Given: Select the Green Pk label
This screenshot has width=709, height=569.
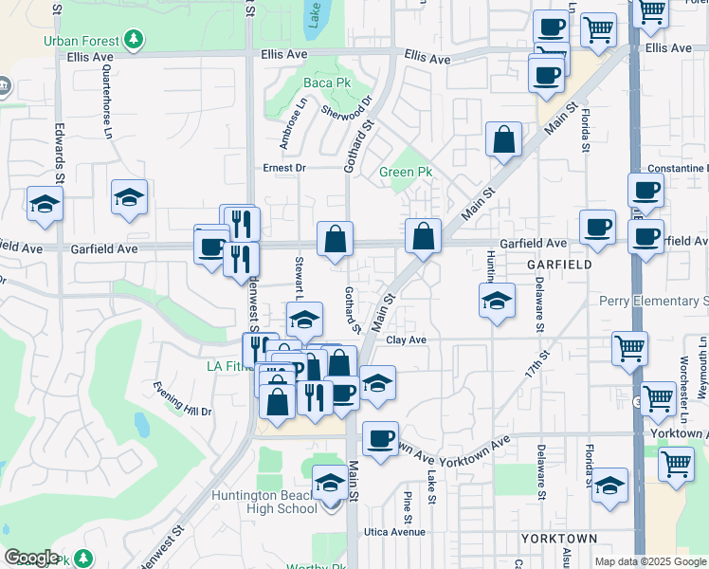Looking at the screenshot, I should pos(406,172).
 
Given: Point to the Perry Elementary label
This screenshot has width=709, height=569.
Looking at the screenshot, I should pos(653,302).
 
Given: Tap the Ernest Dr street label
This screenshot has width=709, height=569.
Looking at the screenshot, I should pos(285,168).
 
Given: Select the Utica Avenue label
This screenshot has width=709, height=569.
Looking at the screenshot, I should pos(396,532).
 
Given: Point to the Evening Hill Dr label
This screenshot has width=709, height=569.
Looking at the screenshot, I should pos(183,398).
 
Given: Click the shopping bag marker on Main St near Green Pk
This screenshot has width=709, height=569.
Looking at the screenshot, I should pos(504,140).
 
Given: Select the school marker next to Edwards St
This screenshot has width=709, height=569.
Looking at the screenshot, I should pos(45,205).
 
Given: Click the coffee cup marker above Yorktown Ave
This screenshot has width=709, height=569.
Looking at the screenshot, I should pos(380,439).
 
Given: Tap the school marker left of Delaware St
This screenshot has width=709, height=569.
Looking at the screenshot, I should pos(497,303).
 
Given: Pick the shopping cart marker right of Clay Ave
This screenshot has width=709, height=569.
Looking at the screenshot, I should pos(629,349).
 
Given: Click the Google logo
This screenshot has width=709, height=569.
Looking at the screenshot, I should pos(31,558).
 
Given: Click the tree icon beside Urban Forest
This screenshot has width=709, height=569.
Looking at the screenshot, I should pos(135,40).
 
